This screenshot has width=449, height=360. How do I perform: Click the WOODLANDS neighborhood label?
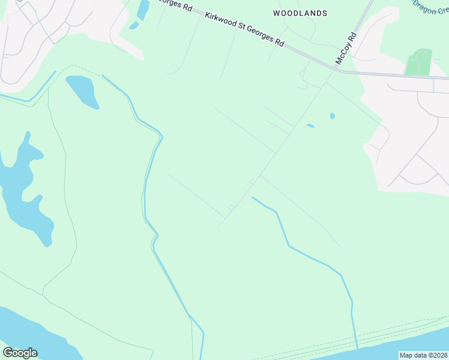click(x=300, y=13)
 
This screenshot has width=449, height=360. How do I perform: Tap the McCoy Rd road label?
click(x=346, y=48)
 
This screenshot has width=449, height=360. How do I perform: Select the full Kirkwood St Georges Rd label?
click(x=244, y=29)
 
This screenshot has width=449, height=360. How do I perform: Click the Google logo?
click(x=20, y=353)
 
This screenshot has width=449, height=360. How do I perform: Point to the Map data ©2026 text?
click(x=424, y=355)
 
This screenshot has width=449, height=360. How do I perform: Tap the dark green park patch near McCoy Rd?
click(x=419, y=62)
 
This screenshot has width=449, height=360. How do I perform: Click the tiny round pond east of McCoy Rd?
click(x=332, y=116)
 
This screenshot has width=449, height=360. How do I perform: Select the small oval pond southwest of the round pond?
click(x=310, y=126)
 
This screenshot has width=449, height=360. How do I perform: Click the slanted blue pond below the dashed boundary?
click(x=82, y=91)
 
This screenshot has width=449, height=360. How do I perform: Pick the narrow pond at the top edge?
click(x=142, y=11)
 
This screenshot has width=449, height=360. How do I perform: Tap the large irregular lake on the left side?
click(x=24, y=186)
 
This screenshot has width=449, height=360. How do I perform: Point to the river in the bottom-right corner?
click(x=408, y=345)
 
